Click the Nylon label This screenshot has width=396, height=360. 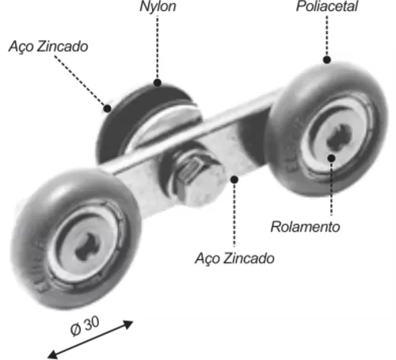(158, 6)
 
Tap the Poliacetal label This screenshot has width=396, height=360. (327, 6)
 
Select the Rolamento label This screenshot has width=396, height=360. (305, 227)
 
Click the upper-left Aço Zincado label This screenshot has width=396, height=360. (48, 47)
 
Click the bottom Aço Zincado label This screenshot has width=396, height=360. (234, 259)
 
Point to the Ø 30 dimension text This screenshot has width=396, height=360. (85, 326)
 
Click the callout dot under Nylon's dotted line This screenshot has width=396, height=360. (158, 82)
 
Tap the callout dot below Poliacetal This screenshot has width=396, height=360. (327, 59)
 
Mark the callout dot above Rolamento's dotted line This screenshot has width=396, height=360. (332, 159)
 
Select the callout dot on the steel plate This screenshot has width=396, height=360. (234, 180)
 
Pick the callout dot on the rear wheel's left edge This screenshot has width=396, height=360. (107, 109)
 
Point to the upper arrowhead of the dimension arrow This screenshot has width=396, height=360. (128, 324)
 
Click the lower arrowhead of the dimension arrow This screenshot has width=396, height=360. (52, 354)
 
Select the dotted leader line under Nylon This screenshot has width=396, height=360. (158, 48)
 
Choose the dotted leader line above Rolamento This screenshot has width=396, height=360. (332, 189)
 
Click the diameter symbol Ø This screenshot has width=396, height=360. (76, 330)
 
